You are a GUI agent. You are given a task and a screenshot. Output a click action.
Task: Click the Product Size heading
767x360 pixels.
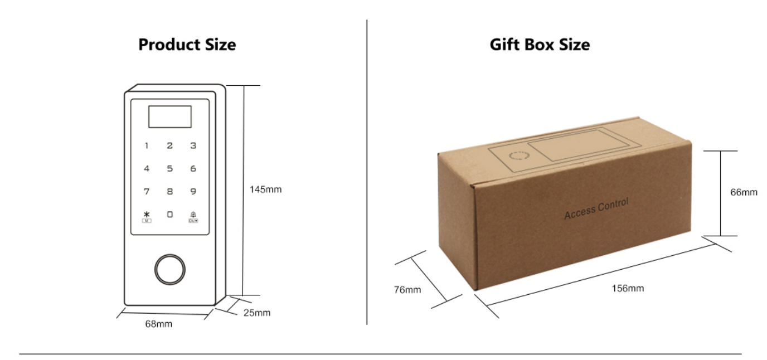[187, 45]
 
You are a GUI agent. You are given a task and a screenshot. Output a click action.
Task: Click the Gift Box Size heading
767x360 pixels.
[540, 45]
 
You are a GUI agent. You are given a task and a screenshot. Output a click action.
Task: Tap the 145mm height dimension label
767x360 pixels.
[265, 189]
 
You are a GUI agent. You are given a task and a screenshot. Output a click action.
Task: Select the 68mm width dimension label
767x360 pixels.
[159, 324]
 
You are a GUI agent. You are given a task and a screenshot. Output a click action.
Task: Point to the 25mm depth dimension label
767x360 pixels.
[256, 313]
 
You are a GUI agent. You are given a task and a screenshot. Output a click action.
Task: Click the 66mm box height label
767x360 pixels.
[744, 192]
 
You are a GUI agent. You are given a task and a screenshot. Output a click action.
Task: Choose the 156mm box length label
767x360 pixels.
[628, 288]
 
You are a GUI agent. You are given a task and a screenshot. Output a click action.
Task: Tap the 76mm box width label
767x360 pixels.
[407, 290]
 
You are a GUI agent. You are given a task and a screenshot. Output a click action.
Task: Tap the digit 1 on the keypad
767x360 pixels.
[147, 146]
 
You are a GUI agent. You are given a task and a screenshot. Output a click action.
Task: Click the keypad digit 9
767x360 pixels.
[193, 192]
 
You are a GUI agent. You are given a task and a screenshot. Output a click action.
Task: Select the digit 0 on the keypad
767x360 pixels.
[170, 214]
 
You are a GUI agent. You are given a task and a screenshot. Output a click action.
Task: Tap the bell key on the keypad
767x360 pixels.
[193, 215]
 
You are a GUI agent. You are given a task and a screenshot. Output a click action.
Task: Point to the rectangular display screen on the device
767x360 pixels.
[169, 116]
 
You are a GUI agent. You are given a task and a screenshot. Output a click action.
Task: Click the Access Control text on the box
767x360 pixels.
[596, 208]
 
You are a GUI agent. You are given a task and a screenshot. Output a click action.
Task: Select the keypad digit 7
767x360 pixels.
[147, 192]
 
